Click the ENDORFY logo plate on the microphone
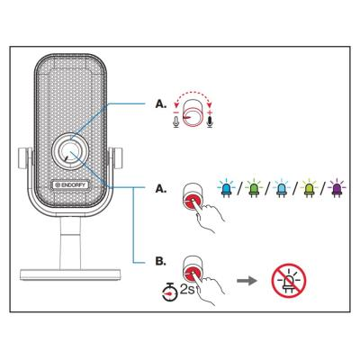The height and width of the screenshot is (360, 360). point(69,184)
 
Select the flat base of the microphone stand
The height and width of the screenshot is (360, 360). point(71,274)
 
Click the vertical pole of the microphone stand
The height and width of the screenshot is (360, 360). point(70,242)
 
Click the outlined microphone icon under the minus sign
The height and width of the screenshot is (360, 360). point(176,121)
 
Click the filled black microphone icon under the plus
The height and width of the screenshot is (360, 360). point(211,121)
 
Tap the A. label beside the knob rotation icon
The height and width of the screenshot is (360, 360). point(160,104)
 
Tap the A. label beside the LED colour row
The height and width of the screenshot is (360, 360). point(160,189)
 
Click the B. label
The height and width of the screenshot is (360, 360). point(160,261)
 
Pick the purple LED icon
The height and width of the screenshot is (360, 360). point(337,188)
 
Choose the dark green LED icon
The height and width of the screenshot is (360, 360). point(253,188)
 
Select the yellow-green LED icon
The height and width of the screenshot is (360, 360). point(309,188)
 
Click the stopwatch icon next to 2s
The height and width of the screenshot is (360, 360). point(170,292)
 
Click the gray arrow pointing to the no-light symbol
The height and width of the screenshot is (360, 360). point(247,282)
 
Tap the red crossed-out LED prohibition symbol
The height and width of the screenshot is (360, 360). point(289,281)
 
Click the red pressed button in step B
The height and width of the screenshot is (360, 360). point(193,273)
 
